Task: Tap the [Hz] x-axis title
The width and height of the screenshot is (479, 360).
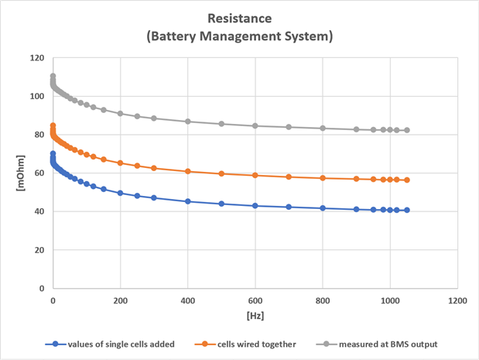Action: point(255,317)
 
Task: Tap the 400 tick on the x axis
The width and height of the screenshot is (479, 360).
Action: point(187,299)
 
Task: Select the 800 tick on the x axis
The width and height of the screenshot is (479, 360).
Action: point(323,299)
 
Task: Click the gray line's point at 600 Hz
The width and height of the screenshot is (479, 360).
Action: point(255,125)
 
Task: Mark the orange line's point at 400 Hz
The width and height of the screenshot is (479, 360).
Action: point(187,171)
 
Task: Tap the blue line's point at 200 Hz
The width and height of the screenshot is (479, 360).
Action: point(120,193)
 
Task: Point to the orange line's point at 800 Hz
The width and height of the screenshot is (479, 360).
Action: point(323,178)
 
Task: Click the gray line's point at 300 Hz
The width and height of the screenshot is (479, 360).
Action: point(154,118)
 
